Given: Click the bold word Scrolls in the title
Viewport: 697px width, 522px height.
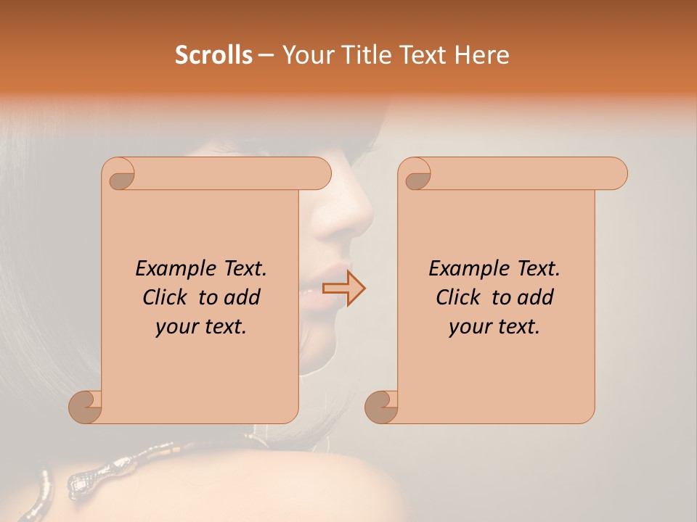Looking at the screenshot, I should pos(214,55).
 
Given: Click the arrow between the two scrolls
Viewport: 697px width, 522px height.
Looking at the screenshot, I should pos(343,288).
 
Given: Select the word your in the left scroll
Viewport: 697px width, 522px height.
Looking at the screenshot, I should pos(176,327).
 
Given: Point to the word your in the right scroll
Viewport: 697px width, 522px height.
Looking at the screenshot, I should pos(470,327).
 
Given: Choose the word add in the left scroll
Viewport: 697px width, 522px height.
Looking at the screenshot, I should pos(242,297).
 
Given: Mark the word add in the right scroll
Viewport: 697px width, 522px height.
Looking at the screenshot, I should pos(536,297).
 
